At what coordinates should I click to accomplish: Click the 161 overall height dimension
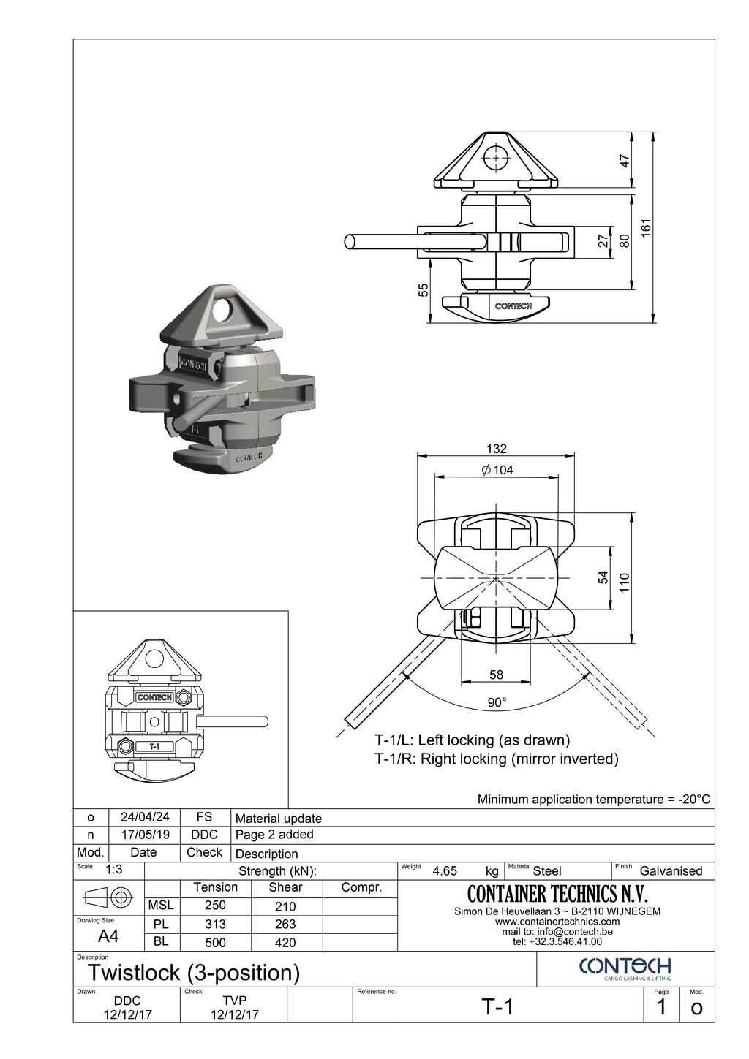pyautogui.click(x=646, y=227)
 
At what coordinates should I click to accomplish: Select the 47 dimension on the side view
pyautogui.click(x=625, y=161)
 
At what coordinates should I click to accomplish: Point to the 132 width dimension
pyautogui.click(x=496, y=449)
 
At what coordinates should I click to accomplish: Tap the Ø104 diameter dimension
pyautogui.click(x=497, y=470)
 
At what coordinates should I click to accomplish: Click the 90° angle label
pyautogui.click(x=497, y=702)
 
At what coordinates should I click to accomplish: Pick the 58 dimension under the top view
pyautogui.click(x=496, y=675)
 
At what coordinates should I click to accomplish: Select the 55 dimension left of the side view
pyautogui.click(x=424, y=290)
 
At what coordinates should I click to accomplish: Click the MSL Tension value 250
pyautogui.click(x=215, y=906)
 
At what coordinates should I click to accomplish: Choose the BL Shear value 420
pyautogui.click(x=285, y=943)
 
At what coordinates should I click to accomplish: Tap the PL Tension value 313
pyautogui.click(x=215, y=925)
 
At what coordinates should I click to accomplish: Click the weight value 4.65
pyautogui.click(x=445, y=871)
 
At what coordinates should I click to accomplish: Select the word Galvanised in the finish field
pyautogui.click(x=671, y=871)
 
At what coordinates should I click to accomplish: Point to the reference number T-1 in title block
pyautogui.click(x=497, y=1007)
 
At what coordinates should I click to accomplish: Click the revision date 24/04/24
pyautogui.click(x=145, y=817)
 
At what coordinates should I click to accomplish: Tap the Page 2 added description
pyautogui.click(x=274, y=835)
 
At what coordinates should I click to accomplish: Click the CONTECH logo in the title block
pyautogui.click(x=625, y=968)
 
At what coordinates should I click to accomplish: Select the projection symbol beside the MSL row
pyautogui.click(x=108, y=897)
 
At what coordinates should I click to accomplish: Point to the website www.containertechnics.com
pyautogui.click(x=557, y=922)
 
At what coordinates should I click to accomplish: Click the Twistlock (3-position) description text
pyautogui.click(x=194, y=973)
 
